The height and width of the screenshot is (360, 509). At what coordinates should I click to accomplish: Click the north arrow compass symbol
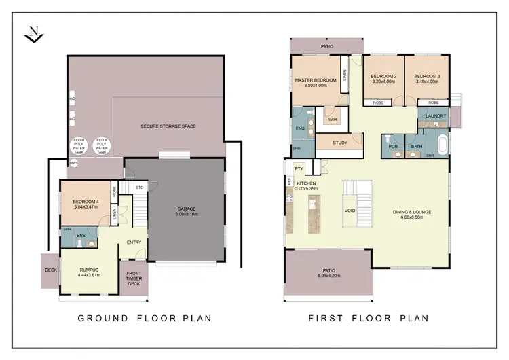34,35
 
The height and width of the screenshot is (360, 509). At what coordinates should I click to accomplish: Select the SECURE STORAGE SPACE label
168,126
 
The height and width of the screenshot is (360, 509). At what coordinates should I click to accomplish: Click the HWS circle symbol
73,163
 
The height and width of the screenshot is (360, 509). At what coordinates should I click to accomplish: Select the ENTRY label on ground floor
133,242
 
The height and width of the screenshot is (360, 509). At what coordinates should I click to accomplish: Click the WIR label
332,120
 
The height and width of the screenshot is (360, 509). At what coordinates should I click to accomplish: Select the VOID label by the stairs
350,211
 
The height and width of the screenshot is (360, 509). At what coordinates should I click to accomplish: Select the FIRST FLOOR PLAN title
369,318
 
